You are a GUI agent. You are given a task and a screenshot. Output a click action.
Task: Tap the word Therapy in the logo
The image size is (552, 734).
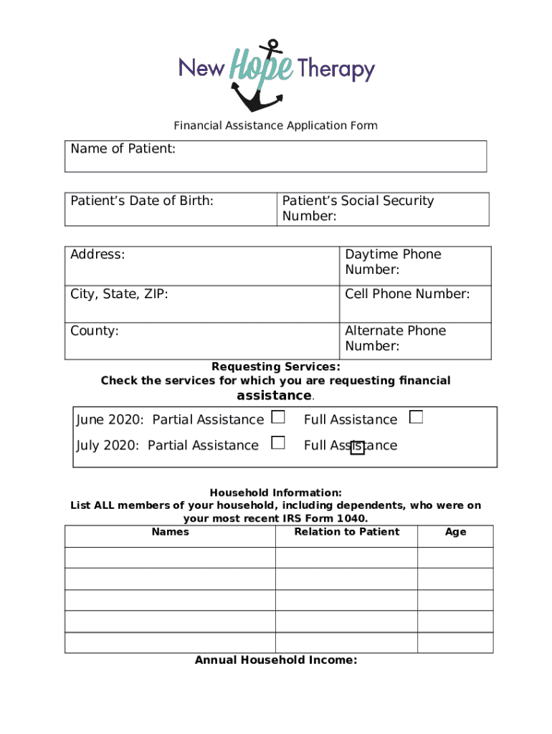(x=336, y=69)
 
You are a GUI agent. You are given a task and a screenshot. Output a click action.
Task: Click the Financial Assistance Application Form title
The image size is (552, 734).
(x=275, y=126)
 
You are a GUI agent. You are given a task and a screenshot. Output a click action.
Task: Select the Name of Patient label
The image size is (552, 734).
(x=123, y=149)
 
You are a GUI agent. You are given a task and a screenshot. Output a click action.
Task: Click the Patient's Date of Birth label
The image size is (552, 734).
(x=141, y=201)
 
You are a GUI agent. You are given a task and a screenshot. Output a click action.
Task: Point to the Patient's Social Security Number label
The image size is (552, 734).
(x=358, y=209)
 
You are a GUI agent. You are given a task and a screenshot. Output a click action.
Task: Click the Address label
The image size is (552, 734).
(x=97, y=254)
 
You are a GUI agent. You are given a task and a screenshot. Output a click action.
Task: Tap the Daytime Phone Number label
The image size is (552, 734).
(x=393, y=262)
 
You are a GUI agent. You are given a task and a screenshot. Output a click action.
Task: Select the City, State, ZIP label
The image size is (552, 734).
(x=119, y=294)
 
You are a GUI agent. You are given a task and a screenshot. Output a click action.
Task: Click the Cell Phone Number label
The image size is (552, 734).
(x=407, y=294)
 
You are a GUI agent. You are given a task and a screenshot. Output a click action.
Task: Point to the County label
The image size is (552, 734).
(x=95, y=331)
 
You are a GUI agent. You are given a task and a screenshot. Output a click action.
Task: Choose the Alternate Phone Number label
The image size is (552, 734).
(x=395, y=338)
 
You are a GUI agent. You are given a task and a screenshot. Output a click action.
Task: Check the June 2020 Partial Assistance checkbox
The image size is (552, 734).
(x=278, y=417)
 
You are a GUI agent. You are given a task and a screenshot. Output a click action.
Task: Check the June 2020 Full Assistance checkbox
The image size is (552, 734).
(x=416, y=417)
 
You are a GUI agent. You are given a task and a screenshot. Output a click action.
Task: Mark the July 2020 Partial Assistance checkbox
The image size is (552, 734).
(x=278, y=443)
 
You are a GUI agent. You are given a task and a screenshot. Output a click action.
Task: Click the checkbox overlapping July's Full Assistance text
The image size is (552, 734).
(x=357, y=448)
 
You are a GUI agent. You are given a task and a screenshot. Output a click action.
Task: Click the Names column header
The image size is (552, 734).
(x=171, y=532)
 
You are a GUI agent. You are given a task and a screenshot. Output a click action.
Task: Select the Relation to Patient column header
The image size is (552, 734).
(x=346, y=532)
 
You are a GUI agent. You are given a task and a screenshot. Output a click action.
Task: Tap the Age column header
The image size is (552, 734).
(x=455, y=532)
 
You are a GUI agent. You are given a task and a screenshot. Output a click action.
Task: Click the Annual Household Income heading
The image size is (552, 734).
(x=276, y=660)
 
